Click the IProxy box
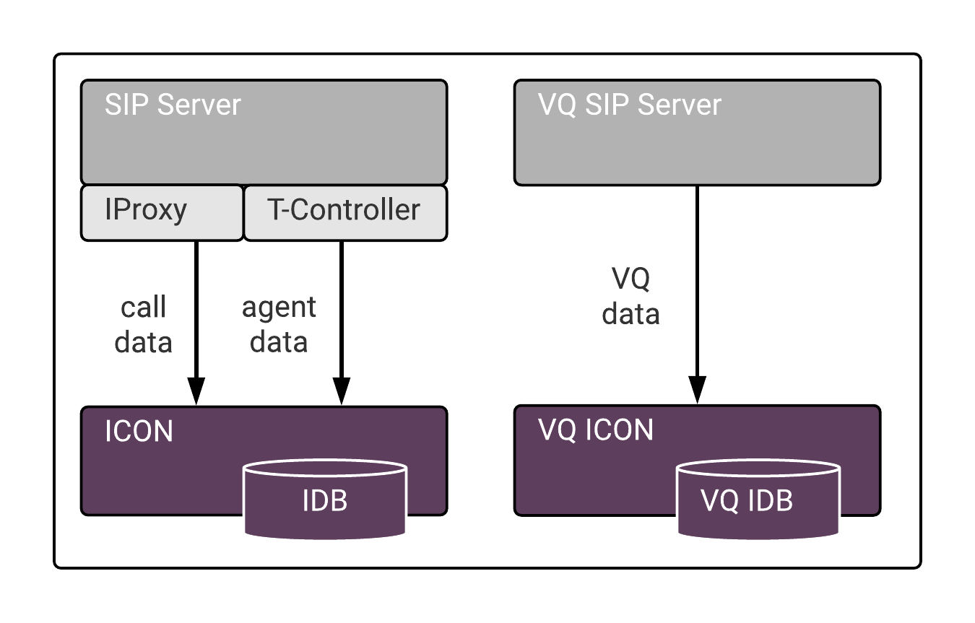coord(162,213)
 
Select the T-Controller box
coord(346,213)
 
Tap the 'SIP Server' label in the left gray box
coord(173,105)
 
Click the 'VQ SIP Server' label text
coord(629,105)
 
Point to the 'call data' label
coord(143,325)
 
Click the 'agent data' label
coord(279,325)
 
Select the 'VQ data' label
coord(630,296)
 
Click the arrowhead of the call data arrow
coord(196,391)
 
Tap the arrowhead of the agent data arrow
coord(342,391)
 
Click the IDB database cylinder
coord(325,500)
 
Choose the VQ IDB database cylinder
coord(758,500)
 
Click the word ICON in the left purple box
coord(139,432)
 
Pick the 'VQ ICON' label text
coord(595,430)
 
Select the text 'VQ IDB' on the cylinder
coord(747,500)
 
